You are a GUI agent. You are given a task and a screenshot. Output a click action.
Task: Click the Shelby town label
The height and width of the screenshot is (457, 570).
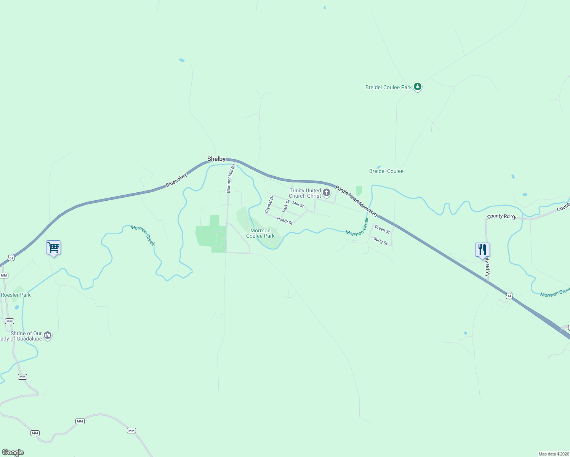coord(216,159)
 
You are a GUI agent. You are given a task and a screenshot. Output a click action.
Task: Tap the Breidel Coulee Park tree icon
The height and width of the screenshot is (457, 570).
coord(418,87)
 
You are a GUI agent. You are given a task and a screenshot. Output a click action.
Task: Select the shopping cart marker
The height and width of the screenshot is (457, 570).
coord(54,248)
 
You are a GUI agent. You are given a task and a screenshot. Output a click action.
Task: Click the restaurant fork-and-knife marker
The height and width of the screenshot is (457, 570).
coord(482,250)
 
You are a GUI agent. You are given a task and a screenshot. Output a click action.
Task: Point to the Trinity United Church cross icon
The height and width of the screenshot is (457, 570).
coord(327,193)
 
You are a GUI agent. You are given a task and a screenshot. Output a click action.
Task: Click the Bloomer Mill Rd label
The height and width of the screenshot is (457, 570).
coord(231,178)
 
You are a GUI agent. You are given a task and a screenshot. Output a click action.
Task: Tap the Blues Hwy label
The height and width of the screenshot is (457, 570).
coord(177,180)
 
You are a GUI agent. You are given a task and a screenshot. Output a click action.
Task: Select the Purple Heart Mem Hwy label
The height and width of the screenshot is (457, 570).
coord(357,201)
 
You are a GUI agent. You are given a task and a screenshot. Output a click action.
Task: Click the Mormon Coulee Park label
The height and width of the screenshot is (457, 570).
coord(260,233)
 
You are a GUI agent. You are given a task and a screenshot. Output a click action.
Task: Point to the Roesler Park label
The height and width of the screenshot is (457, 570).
coord(16,295)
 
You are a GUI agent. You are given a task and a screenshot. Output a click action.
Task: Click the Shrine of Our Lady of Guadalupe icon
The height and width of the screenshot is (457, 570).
coord(48,335)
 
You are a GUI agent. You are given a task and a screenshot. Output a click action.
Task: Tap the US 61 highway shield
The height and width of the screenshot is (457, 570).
coord(11,258)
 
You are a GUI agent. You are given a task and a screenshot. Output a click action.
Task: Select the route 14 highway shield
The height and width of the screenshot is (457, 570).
coord(509,296)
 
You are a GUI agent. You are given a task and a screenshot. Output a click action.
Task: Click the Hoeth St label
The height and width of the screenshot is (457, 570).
coord(285,220)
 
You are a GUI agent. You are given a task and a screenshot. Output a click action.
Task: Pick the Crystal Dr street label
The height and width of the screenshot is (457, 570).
coord(269,205)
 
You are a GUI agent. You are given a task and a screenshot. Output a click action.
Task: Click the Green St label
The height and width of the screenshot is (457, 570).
coord(382,229)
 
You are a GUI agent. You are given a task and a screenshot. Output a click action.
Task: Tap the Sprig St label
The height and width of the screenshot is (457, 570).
coord(381,241)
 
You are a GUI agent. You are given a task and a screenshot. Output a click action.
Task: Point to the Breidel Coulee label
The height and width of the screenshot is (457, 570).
coord(386,171)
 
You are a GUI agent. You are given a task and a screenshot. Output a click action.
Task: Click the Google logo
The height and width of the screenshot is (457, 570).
coord(13,452)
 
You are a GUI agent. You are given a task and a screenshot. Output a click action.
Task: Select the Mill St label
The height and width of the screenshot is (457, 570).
coord(298,205)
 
